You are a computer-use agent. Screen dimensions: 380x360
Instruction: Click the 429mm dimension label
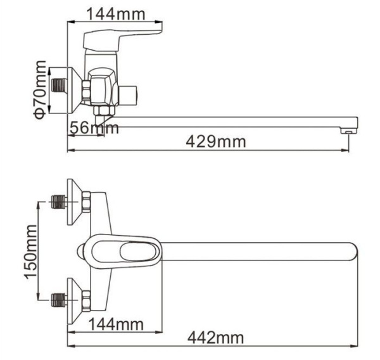pos(216,142)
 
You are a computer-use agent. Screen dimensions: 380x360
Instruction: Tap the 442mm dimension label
pos(216,337)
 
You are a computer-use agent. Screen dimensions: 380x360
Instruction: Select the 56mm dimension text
pos(94,128)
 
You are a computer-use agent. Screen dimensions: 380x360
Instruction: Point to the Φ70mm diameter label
pos(40,90)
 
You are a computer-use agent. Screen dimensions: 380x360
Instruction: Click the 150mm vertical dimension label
pos(31,252)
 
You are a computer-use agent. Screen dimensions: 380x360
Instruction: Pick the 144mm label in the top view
pos(116,14)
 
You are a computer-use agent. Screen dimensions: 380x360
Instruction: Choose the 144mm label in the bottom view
pos(117,324)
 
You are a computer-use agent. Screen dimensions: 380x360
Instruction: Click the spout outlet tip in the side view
pos(349,131)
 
